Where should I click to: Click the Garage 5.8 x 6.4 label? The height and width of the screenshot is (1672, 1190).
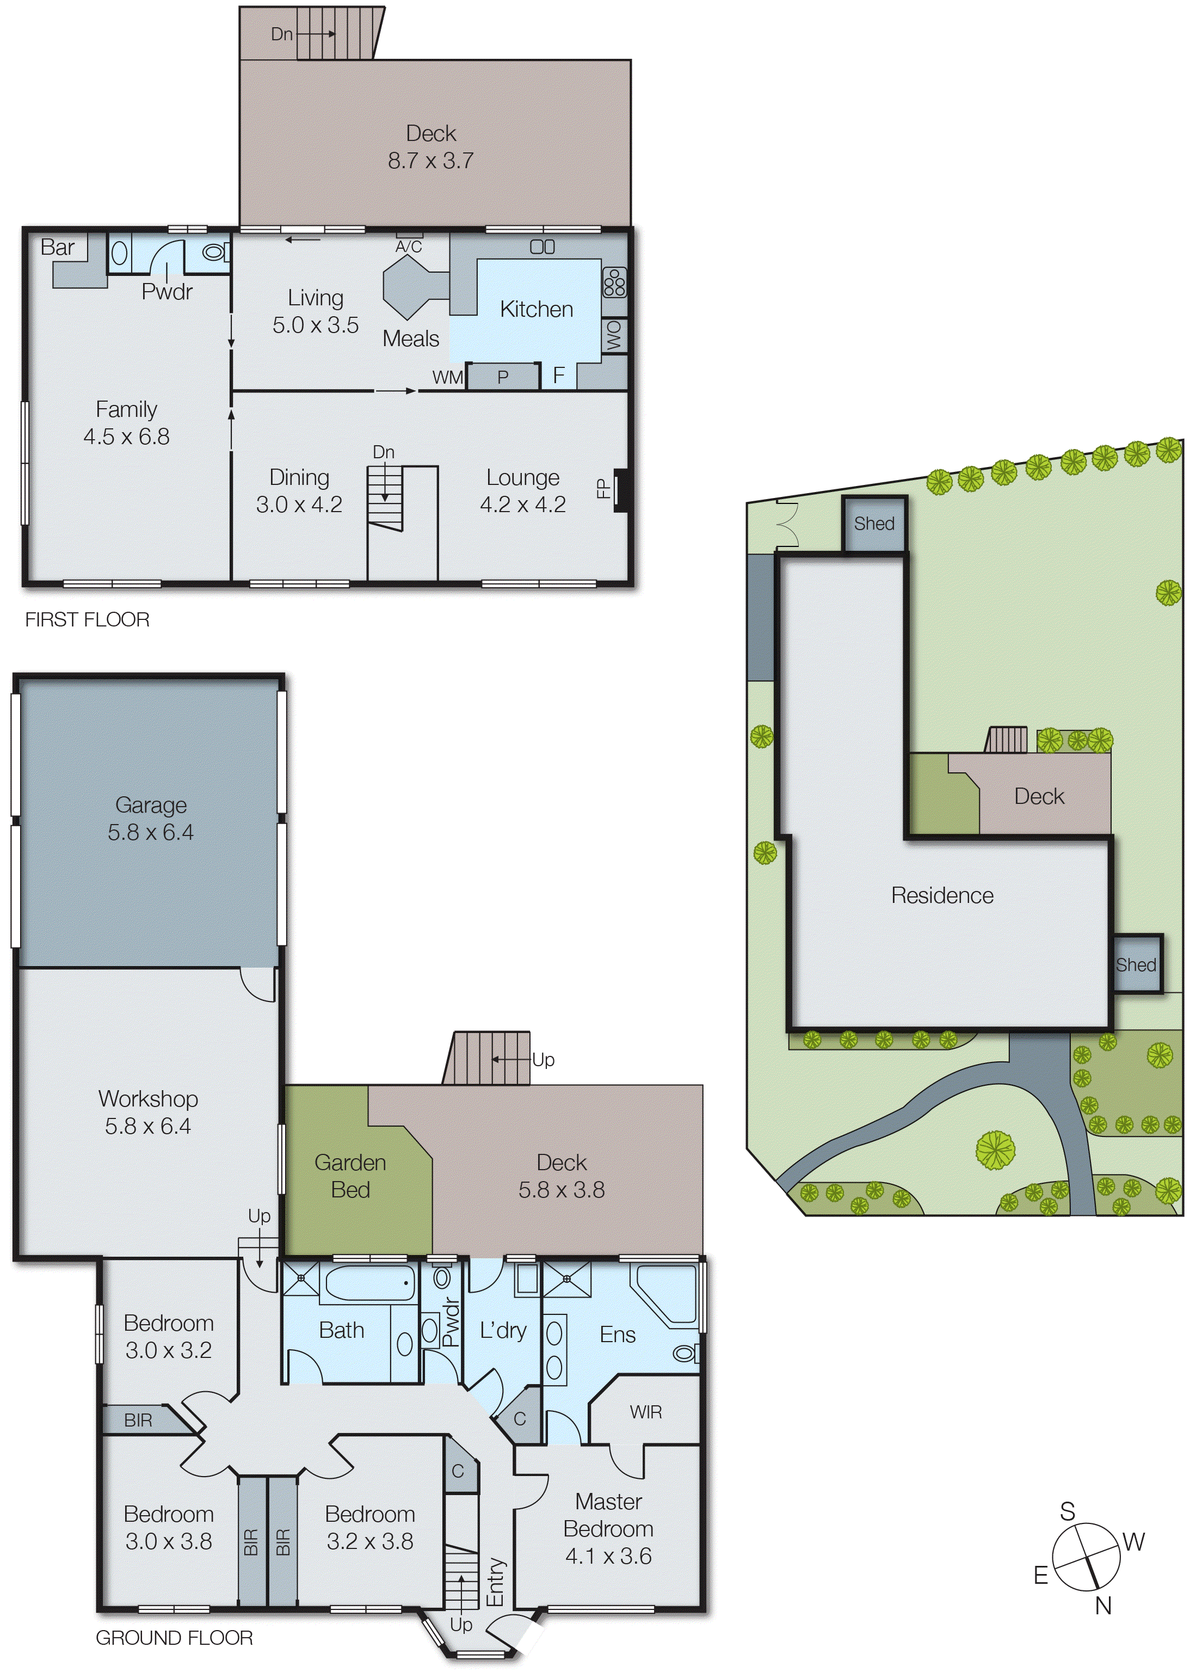coord(150,818)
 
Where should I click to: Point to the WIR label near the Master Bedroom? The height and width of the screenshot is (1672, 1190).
coord(645,1412)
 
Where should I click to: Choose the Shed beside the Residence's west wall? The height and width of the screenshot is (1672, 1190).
coord(1137,964)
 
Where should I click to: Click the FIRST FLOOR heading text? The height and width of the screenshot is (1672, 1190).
coord(87,619)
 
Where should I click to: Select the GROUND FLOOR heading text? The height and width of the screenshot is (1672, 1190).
coord(175,1638)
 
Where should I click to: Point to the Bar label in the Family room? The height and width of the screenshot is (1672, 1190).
coord(57,248)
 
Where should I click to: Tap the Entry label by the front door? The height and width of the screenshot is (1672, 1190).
coord(496,1582)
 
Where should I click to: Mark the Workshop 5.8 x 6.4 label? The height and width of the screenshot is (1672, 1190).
coord(148,1111)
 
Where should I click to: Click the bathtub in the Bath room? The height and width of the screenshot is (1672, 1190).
coord(368,1283)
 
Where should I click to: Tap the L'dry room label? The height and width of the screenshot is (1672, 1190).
coord(503,1330)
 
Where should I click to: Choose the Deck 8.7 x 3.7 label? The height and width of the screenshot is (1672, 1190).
coord(431,146)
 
